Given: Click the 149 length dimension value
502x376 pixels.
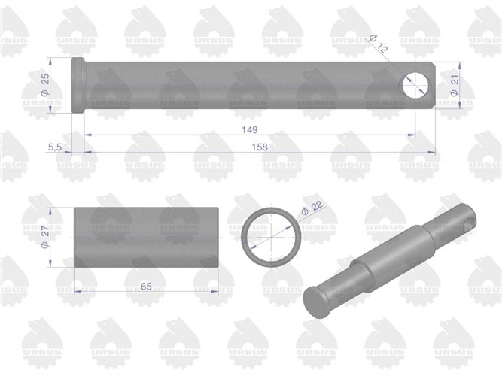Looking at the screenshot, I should pyautogui.click(x=248, y=129).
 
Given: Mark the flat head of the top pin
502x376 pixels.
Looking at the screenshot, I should pyautogui.click(x=78, y=86).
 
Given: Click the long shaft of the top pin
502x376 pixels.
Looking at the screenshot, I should pyautogui.click(x=241, y=86).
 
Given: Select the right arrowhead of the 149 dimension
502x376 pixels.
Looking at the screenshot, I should pyautogui.click(x=412, y=135).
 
